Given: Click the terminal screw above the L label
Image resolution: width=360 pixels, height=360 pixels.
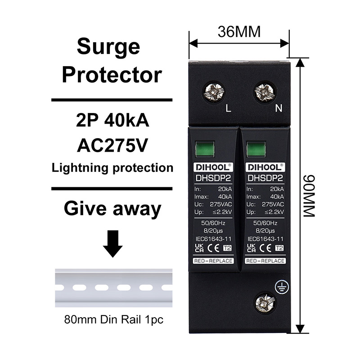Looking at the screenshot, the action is point(214,92).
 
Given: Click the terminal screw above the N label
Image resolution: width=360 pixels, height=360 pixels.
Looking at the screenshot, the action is point(265,92).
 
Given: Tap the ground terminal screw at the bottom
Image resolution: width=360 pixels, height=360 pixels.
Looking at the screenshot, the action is point(265,303).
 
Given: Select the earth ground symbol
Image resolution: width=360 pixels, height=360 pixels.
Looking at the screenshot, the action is point(282,287).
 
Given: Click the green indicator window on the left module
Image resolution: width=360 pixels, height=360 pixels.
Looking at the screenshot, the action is point(205,149).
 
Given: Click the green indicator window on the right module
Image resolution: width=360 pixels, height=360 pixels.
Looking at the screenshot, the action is point(256,149).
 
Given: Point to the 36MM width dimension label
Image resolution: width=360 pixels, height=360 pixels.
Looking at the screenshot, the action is point(239,32).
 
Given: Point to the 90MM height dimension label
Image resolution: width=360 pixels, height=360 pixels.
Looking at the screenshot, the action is point(309,196).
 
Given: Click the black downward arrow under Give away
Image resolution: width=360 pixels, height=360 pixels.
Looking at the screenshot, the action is point(112,243).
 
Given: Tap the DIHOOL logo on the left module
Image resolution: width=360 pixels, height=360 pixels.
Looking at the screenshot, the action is point(213,167).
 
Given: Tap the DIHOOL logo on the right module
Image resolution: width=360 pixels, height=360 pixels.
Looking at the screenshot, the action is point(265,167).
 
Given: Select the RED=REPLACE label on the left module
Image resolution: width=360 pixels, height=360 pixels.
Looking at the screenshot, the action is point(213,261).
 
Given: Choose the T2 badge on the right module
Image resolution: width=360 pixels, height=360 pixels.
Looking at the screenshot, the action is point(279,248).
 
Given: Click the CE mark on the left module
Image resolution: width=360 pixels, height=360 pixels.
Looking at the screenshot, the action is point(213,248).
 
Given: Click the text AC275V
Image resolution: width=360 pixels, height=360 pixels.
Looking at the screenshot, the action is point(112,145).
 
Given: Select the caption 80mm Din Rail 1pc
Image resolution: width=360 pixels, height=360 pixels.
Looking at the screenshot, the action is point(114,319).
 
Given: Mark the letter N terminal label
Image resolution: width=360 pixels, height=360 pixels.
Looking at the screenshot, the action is point(279,108).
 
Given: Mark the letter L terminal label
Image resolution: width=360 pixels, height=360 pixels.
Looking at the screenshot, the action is point(228,108).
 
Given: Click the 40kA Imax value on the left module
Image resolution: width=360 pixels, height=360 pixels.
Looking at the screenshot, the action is point(225,197).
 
